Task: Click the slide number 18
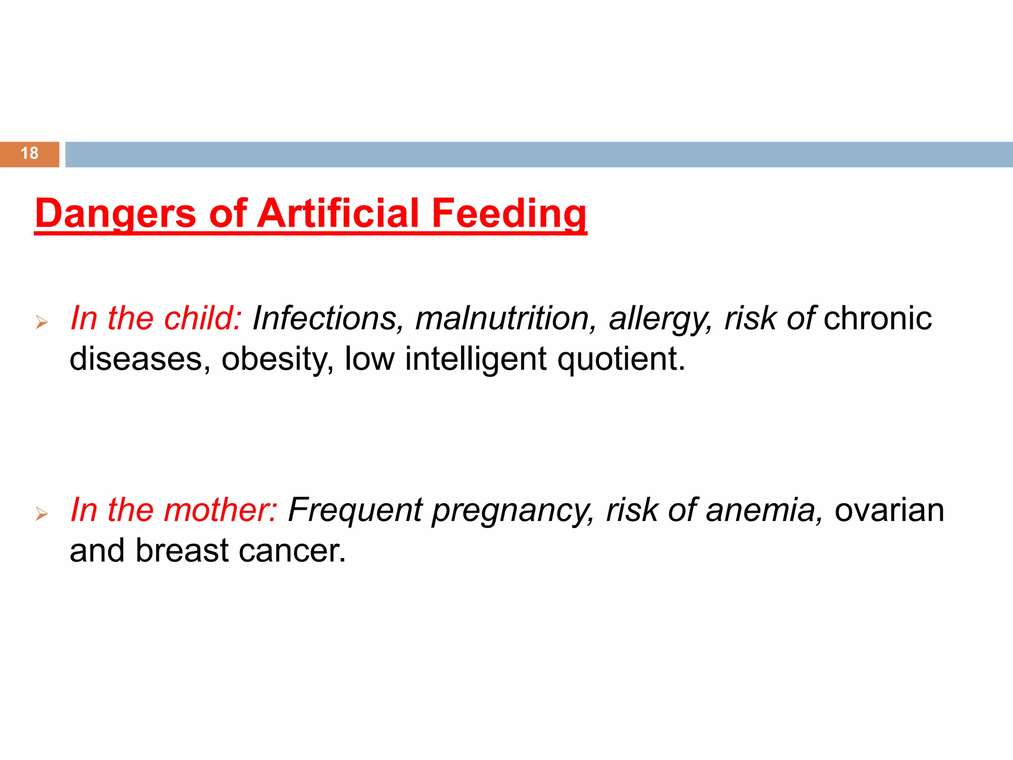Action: coord(30,153)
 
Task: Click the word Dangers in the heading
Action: coord(116,214)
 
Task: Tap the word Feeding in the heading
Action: coord(509,214)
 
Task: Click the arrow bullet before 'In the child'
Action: coord(42,323)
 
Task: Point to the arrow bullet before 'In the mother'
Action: coord(42,515)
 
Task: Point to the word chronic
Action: coord(877,318)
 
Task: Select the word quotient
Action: coord(621,359)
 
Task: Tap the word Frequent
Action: coord(355,510)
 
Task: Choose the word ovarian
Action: coord(889,510)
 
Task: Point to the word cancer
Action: coord(292,551)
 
